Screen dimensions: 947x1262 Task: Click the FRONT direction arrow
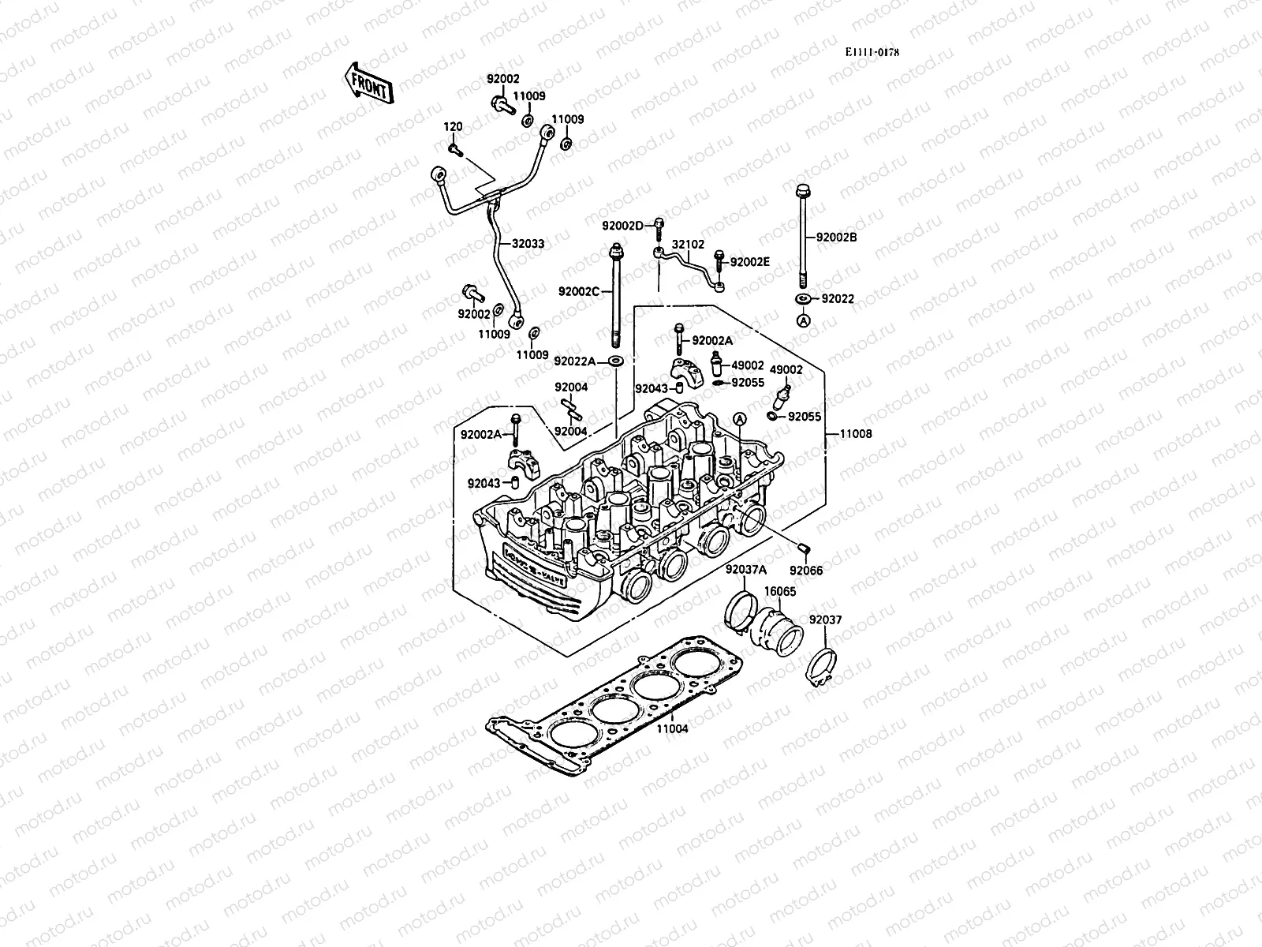click(x=368, y=83)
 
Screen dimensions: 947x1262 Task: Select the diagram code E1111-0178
click(x=872, y=53)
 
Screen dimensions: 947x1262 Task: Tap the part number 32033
click(x=528, y=244)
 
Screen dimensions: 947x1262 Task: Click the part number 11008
click(x=856, y=434)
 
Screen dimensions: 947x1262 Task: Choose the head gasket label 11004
click(x=673, y=729)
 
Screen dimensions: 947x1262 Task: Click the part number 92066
click(x=806, y=571)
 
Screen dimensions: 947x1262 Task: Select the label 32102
click(x=688, y=245)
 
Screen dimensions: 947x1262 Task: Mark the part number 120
click(x=452, y=126)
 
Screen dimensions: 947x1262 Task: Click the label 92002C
click(x=580, y=291)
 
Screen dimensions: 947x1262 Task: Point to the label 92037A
click(x=745, y=571)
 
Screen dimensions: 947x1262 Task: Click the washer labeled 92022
click(x=802, y=299)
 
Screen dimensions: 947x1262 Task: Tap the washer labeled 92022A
click(x=616, y=361)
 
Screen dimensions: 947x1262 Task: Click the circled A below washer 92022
click(x=802, y=320)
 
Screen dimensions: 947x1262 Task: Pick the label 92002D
click(x=623, y=226)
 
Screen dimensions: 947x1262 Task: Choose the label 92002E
click(x=749, y=262)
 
